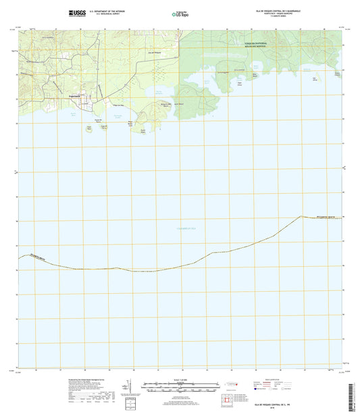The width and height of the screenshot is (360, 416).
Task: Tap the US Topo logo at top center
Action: click(x=180, y=13)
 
